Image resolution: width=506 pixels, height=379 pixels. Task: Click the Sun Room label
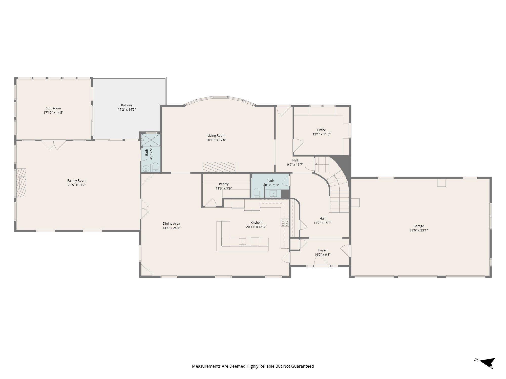[53, 108]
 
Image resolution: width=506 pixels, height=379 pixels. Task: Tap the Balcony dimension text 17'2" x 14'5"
[127, 110]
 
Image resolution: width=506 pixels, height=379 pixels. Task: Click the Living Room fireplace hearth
[219, 167]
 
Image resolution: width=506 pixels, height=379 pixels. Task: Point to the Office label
[322, 130]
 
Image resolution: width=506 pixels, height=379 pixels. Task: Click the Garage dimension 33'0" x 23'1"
[418, 230]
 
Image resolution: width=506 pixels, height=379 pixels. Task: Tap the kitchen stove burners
[285, 222]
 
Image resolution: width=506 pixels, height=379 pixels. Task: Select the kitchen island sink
[242, 242]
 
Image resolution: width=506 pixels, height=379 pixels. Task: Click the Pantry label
[224, 184]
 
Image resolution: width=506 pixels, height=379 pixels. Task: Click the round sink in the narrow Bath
[146, 168]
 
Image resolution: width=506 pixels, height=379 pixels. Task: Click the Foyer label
[322, 250]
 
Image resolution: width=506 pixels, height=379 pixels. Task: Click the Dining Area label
[171, 224]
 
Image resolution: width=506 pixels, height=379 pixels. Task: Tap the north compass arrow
[487, 363]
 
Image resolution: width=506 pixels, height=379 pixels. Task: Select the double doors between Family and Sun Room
[54, 145]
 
